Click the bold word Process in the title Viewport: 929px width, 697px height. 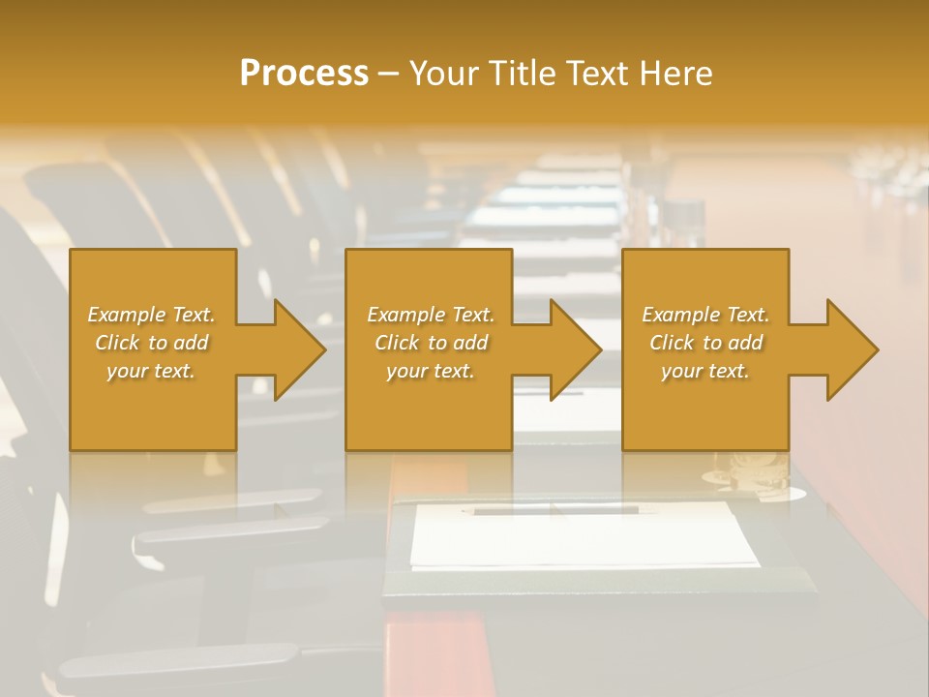coord(304,74)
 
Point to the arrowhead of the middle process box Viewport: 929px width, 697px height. coord(575,349)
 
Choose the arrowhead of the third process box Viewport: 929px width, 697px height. coord(852,349)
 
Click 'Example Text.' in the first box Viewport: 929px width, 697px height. coord(151,315)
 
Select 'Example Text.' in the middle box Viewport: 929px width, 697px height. coord(430,315)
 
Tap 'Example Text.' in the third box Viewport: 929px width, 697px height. coord(705,315)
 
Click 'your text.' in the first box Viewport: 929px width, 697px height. coord(151,371)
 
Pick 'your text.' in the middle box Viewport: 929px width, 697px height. coord(430,371)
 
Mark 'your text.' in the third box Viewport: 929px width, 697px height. coord(705,371)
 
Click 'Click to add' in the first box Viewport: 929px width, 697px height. coord(151,343)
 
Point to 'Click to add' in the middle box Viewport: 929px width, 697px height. coord(430,343)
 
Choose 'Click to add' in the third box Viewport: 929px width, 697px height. coord(705,343)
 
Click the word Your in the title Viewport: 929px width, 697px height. coord(441,74)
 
